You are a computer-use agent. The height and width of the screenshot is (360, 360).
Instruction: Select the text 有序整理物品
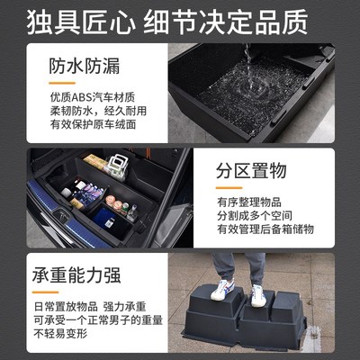[x=248, y=201]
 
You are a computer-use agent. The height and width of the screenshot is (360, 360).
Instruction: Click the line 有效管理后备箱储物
[x=265, y=229]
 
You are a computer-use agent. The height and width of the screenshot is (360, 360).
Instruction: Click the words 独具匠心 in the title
[x=67, y=20]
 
